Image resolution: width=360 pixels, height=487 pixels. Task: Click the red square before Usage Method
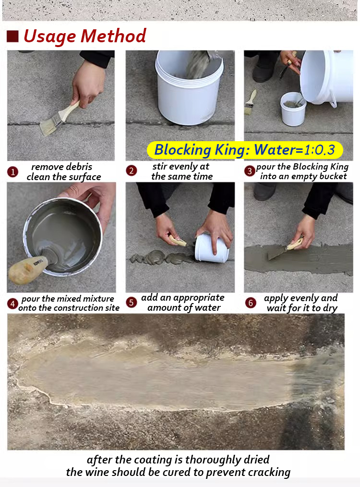coord(12,36)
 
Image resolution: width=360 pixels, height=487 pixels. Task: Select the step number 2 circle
coord(132,170)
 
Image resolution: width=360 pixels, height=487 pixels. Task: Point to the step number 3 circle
coord(250,170)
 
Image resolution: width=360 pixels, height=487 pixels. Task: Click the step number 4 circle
coord(13,304)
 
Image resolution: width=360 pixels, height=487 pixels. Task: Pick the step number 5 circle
coord(132,303)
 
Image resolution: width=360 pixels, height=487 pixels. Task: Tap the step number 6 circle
coord(250,303)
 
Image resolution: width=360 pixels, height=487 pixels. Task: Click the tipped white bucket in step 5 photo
coord(212,247)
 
